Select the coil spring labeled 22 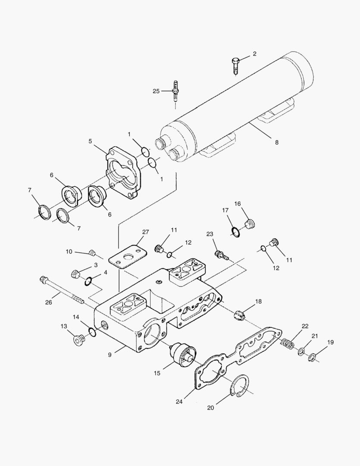pos(288,343)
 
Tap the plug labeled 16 pos(250,224)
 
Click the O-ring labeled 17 pos(235,232)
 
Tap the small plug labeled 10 pos(91,252)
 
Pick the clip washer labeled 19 pos(312,358)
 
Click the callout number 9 pos(110,355)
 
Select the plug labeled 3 pos(76,274)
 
